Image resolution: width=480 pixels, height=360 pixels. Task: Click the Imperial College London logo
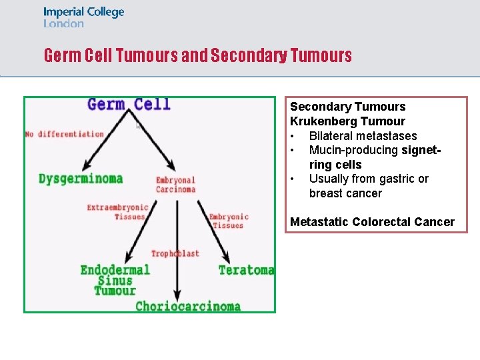tap(83, 17)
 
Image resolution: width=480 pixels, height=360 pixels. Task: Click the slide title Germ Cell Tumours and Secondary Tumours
tap(197, 55)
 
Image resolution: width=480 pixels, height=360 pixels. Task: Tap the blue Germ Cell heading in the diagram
tap(129, 105)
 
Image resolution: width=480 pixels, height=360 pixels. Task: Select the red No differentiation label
tap(65, 134)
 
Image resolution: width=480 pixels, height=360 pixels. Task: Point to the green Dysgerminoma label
tap(81, 179)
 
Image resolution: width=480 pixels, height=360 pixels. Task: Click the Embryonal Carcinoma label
tap(175, 185)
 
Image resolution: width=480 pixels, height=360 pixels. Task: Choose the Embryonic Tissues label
tap(228, 221)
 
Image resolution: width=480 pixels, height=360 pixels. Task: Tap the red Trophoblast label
tap(175, 253)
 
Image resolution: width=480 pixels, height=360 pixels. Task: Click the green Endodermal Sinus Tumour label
tap(115, 280)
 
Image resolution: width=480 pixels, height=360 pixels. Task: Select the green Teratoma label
tap(246, 270)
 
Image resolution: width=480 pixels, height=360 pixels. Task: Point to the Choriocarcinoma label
tap(188, 307)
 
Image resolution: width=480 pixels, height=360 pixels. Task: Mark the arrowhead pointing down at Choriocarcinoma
tap(177, 294)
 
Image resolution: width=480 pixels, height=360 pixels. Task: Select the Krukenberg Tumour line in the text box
tap(347, 121)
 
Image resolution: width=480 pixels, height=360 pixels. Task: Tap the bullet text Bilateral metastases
tap(363, 136)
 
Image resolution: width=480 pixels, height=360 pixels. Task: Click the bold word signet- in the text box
tap(421, 150)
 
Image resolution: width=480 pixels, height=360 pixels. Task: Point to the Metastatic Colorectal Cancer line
tap(372, 222)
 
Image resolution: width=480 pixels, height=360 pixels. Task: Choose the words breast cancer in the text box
tap(345, 193)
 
